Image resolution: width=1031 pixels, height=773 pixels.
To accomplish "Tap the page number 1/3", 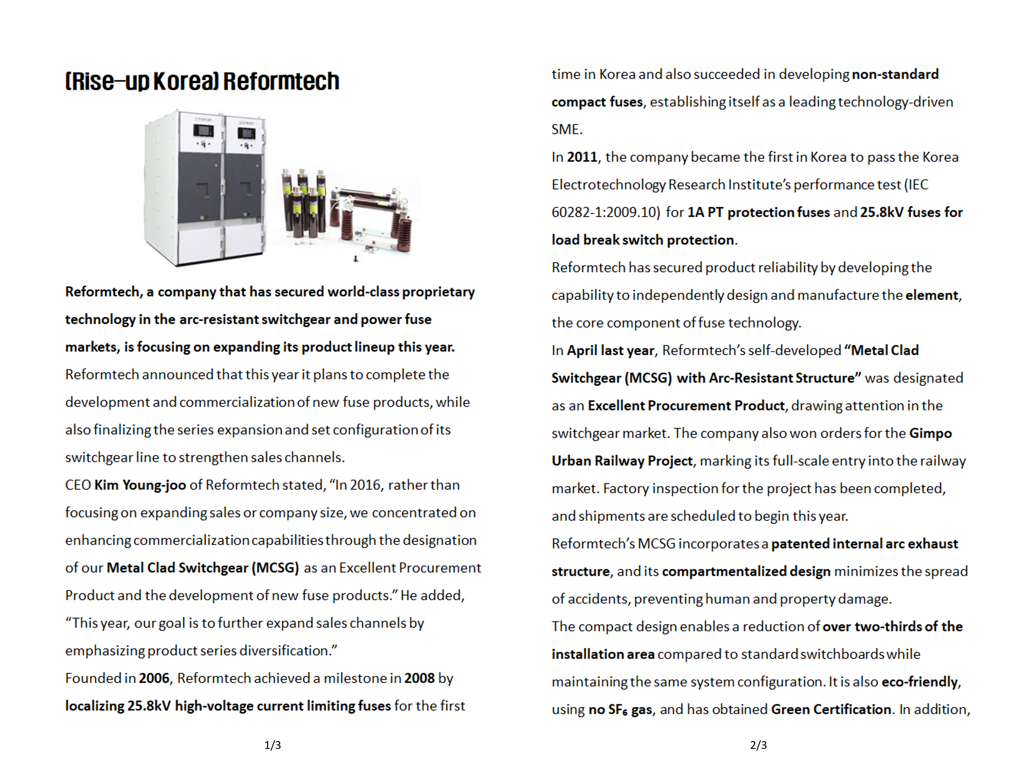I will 273,745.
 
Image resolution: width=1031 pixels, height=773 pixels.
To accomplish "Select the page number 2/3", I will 758,745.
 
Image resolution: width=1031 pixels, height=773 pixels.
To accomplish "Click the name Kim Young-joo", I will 140,485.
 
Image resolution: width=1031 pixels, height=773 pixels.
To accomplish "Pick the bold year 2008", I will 420,678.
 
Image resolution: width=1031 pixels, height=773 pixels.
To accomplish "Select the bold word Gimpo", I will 930,433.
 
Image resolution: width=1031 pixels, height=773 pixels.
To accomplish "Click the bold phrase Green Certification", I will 831,709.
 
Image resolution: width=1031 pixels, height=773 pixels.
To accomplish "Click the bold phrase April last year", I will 611,350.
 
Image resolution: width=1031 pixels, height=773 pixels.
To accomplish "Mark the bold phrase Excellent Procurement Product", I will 686,405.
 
